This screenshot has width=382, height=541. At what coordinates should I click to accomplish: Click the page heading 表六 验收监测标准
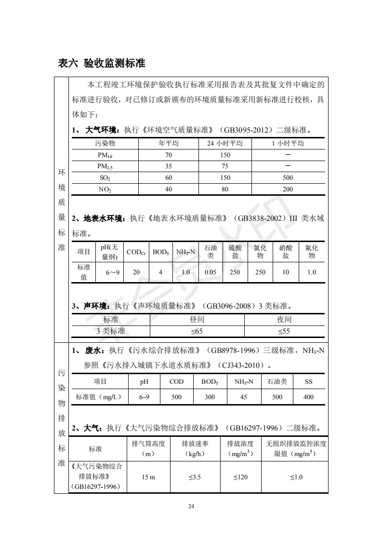(101, 63)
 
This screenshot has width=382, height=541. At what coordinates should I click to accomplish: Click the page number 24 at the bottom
(191, 506)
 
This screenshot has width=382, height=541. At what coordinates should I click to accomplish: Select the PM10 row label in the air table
(105, 155)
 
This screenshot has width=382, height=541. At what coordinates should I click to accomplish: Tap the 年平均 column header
(169, 143)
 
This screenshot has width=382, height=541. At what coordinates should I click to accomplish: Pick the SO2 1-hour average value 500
(288, 177)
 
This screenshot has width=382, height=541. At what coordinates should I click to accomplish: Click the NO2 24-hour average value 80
(225, 189)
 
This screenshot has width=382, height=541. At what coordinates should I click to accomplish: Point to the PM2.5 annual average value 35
(169, 166)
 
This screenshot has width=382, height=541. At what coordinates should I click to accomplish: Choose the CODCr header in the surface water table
(136, 252)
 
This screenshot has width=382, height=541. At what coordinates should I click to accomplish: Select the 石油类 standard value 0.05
(210, 272)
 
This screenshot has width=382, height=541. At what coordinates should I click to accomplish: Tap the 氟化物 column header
(312, 252)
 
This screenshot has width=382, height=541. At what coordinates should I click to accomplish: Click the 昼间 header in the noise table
(197, 319)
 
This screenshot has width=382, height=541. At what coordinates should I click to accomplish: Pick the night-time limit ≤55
(284, 331)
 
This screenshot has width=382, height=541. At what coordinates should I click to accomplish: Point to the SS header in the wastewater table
(308, 381)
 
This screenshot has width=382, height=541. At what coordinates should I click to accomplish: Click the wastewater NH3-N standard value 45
(244, 397)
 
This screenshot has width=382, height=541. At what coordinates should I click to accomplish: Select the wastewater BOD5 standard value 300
(210, 397)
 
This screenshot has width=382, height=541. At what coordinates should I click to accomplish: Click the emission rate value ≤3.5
(195, 477)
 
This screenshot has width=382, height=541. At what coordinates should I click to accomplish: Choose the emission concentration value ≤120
(240, 477)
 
